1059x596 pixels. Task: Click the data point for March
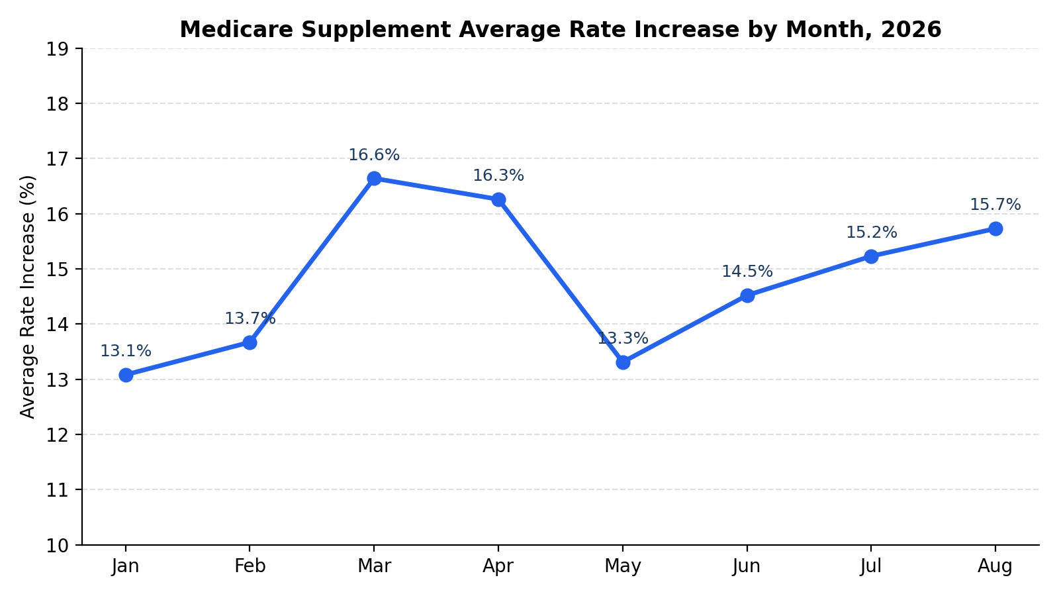pos(374,178)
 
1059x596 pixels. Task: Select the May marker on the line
pos(623,363)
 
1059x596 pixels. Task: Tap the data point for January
pos(126,375)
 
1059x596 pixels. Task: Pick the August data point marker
pos(995,229)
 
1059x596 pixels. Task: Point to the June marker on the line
pos(747,295)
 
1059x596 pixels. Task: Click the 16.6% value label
pos(374,155)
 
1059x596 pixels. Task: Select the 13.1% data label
pos(126,351)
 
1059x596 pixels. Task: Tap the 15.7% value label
pos(995,205)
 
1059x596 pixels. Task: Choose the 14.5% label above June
pos(747,272)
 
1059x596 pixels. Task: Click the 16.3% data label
pos(498,175)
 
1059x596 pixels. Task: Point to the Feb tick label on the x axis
pos(250,566)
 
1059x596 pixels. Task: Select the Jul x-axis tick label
pos(871,566)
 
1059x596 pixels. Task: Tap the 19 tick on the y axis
pos(57,49)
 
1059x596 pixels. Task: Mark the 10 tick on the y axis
pos(57,546)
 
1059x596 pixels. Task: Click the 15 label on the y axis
pos(57,270)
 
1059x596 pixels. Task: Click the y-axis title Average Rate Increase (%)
pos(27,297)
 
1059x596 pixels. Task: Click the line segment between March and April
pos(436,189)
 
